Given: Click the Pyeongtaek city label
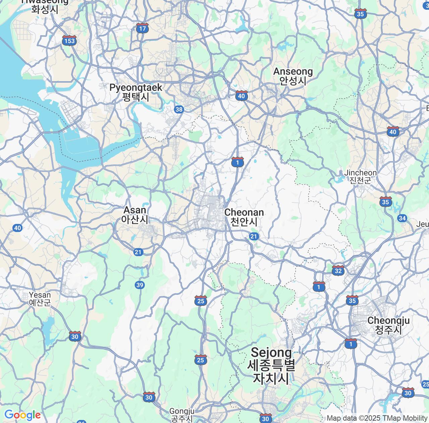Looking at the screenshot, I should coord(136,92).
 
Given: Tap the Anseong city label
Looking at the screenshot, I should coord(293,76).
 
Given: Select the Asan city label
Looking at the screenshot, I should coord(135,215).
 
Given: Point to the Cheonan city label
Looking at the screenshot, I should coord(244,217).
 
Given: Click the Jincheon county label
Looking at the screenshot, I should coord(360,177).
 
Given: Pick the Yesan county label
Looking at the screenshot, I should coord(40,298).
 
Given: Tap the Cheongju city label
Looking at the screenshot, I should coord(388,325).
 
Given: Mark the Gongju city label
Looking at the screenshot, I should coord(182,415).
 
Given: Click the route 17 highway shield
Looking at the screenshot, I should coord(142,28).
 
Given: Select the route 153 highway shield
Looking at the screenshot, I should coord(69,41).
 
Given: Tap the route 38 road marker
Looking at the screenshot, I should coord(179,109).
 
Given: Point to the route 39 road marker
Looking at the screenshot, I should coord(140,285).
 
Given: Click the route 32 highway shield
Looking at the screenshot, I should coord(338,270).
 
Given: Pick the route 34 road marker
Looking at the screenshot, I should coord(402,219).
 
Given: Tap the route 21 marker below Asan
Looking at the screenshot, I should coord(138,252).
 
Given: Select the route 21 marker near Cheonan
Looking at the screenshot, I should coord(254,237).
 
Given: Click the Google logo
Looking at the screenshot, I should coord(22,415).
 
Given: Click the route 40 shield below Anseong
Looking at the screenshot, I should coord(241,96).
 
